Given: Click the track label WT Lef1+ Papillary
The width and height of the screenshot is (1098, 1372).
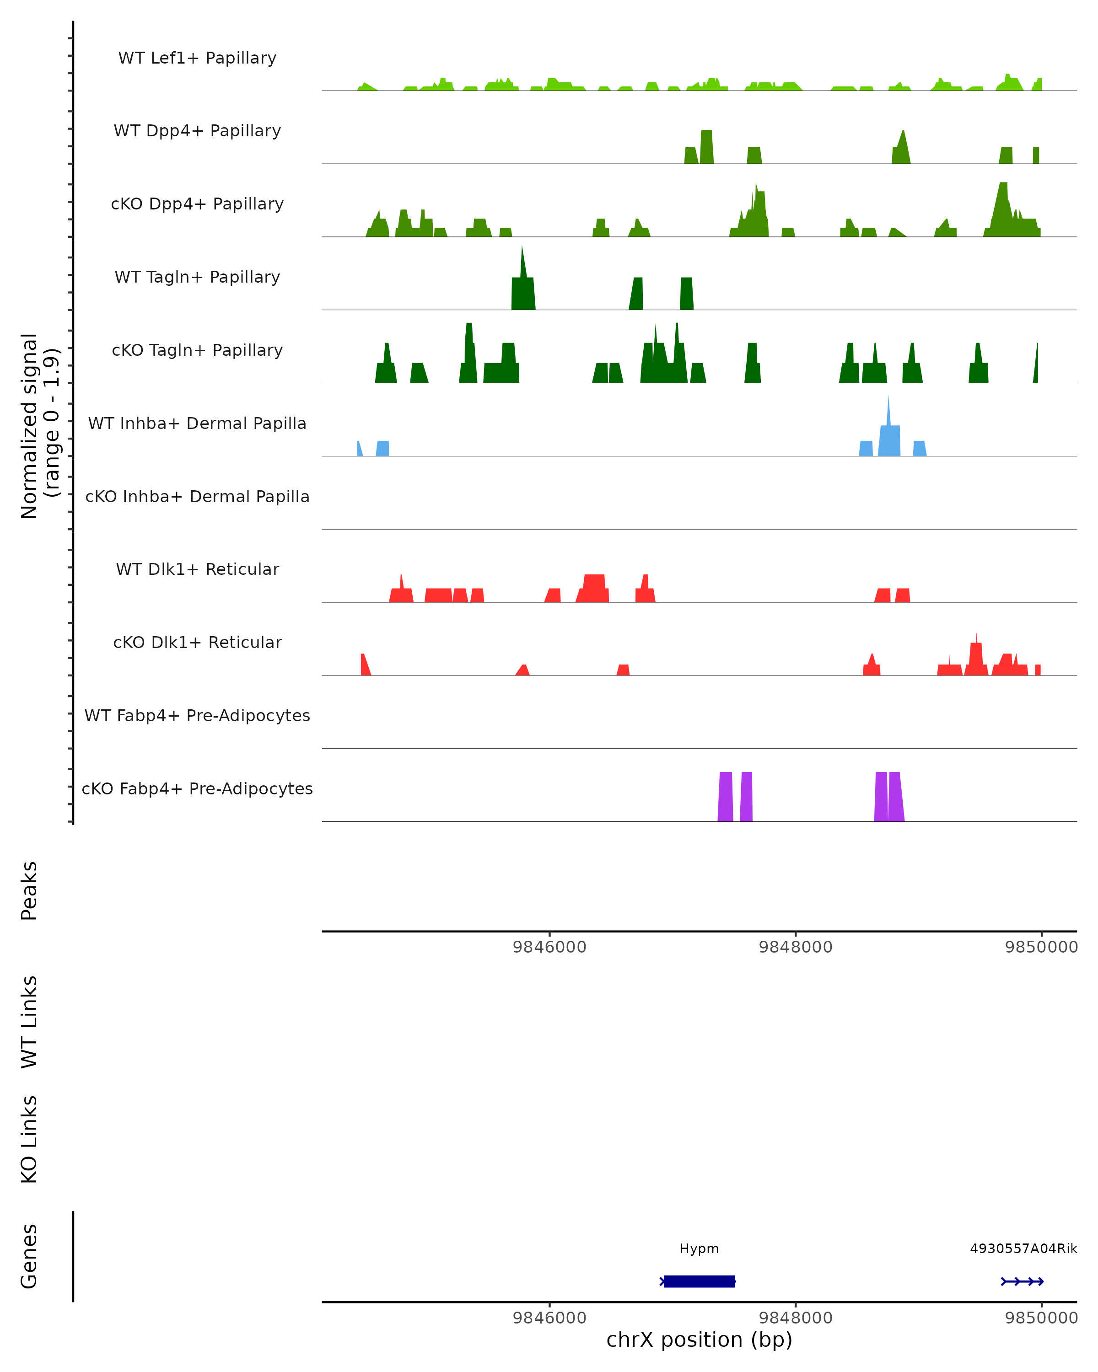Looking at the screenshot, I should [x=197, y=58].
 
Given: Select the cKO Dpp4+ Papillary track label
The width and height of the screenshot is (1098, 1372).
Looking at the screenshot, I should [x=197, y=204].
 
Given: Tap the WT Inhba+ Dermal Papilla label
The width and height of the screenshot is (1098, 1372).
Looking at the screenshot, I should [x=197, y=424].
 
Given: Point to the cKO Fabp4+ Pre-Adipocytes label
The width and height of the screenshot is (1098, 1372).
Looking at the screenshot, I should [x=197, y=789].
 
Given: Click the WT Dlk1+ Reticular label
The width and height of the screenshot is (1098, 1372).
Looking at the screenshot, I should [x=197, y=569].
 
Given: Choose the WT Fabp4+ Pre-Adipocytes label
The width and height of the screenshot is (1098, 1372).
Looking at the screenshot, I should [x=197, y=716].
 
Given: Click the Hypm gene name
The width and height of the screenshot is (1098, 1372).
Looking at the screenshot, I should [x=699, y=1249].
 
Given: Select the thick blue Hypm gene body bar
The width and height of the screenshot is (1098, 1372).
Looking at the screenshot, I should [x=699, y=1281].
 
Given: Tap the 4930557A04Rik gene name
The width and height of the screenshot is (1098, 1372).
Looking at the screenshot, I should [x=1023, y=1249].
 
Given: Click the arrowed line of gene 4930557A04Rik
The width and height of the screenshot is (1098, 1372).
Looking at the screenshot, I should [x=1022, y=1281].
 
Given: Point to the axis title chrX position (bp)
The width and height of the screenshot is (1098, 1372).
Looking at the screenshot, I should [x=699, y=1340].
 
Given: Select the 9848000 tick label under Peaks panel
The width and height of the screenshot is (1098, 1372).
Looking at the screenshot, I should [x=796, y=948].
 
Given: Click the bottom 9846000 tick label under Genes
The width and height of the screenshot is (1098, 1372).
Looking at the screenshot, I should [x=549, y=1318].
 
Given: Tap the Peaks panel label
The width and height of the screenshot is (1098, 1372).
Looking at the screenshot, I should [x=29, y=891].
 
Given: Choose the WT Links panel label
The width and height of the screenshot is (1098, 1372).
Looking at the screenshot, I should [x=29, y=1022].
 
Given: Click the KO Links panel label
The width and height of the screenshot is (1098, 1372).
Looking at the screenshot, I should [x=29, y=1139].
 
